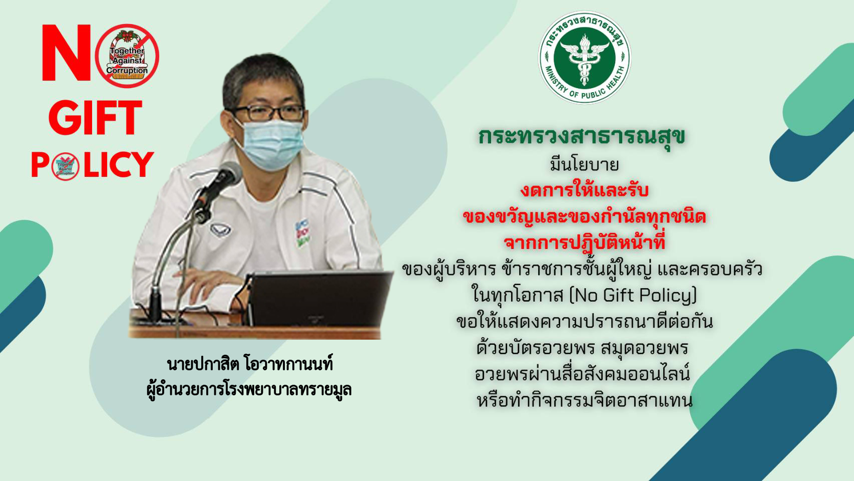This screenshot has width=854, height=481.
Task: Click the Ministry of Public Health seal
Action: point(585,58)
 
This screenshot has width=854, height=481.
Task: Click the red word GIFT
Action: point(95,118)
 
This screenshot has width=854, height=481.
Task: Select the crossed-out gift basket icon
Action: point(127,56)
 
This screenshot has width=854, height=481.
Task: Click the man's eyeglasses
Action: point(267,113)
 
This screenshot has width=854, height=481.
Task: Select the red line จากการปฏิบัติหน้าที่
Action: point(584,243)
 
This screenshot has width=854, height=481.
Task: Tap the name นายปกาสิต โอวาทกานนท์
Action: point(250,364)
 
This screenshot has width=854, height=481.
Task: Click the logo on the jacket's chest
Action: point(220,229)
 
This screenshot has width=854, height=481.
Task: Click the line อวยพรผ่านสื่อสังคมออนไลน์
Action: point(583,374)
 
